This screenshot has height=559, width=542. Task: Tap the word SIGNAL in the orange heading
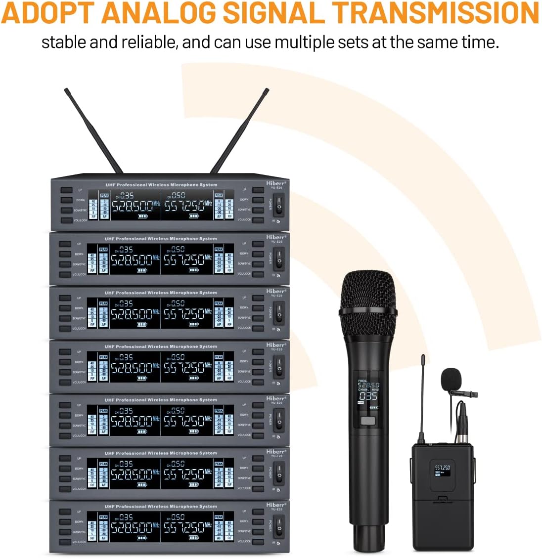pyautogui.click(x=280, y=13)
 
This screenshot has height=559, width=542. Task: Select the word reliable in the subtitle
pyautogui.click(x=143, y=42)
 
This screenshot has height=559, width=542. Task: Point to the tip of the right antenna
pyautogui.click(x=267, y=90)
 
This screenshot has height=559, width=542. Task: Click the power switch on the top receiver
pyautogui.click(x=278, y=204)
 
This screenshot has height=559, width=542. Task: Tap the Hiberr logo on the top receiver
pyautogui.click(x=275, y=183)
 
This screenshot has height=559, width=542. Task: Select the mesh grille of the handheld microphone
pyautogui.click(x=368, y=297)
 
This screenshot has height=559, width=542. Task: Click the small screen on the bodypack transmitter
pyautogui.click(x=442, y=471)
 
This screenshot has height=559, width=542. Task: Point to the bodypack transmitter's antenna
pyautogui.click(x=422, y=395)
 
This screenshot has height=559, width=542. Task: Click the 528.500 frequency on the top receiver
pyautogui.click(x=132, y=206)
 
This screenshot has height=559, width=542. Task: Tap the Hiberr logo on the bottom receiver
pyautogui.click(x=275, y=505)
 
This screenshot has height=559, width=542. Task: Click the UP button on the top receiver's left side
pyautogui.click(x=66, y=190)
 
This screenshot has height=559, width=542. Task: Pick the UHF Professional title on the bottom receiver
pyautogui.click(x=160, y=507)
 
